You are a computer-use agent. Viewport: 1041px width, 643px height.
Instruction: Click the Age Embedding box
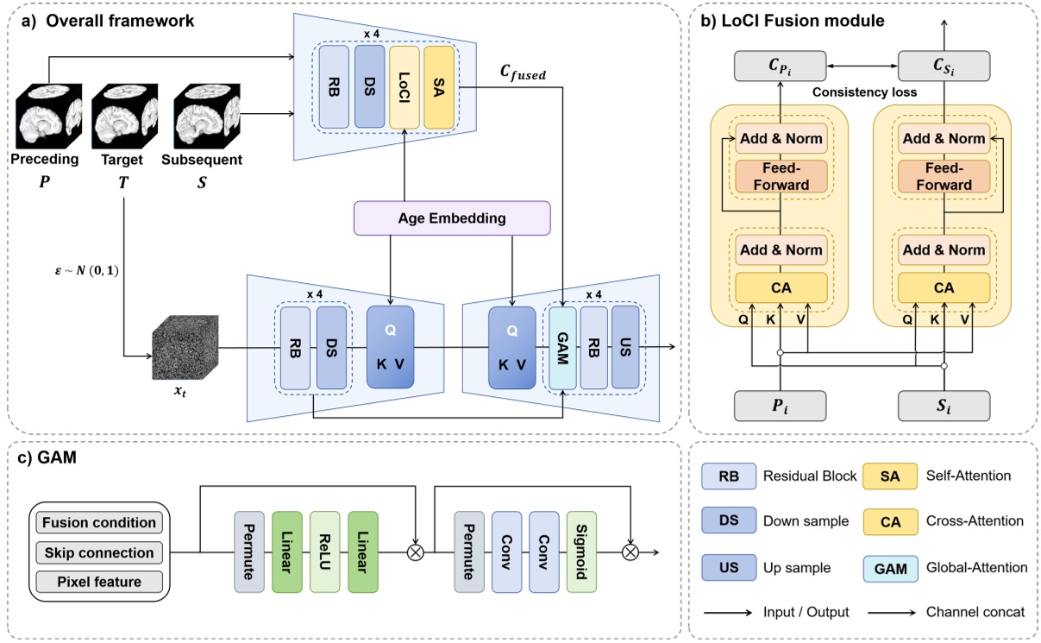click(451, 218)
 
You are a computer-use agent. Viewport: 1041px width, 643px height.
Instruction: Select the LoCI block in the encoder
click(404, 87)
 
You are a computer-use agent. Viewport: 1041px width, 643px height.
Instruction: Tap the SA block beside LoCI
click(439, 87)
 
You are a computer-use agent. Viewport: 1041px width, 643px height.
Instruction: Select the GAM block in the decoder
click(562, 346)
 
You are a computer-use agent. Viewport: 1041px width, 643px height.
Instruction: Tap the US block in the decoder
click(625, 346)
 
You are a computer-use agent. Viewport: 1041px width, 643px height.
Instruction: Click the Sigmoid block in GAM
click(581, 552)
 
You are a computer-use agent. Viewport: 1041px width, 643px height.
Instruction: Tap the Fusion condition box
click(98, 522)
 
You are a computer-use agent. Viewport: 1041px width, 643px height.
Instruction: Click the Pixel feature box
click(98, 583)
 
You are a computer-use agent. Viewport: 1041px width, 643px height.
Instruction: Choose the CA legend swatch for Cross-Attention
click(893, 520)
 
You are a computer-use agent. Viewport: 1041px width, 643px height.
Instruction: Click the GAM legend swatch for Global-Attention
click(893, 567)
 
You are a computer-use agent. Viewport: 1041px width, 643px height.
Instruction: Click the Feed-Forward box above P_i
click(779, 177)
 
